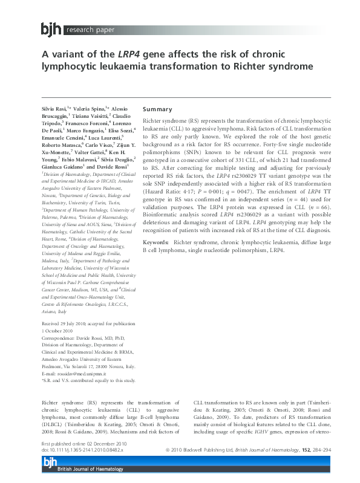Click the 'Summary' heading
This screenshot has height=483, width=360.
click(x=157, y=109)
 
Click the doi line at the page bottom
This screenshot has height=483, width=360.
click(x=82, y=450)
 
